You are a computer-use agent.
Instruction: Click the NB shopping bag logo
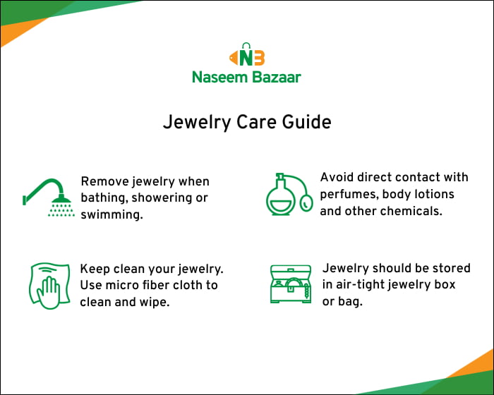[246, 56]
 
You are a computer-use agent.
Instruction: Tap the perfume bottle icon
[288, 193]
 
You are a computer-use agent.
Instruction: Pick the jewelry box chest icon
[290, 284]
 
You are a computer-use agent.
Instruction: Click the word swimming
[112, 214]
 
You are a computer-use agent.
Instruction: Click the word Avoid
[337, 177]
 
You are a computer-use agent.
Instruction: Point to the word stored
[448, 268]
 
